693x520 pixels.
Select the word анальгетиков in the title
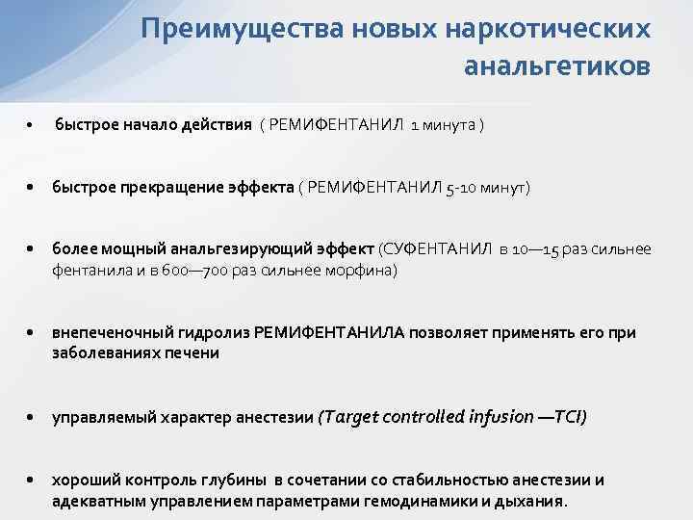[556, 67]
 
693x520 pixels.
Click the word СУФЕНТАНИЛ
[436, 249]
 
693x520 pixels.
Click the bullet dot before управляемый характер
[32, 418]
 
